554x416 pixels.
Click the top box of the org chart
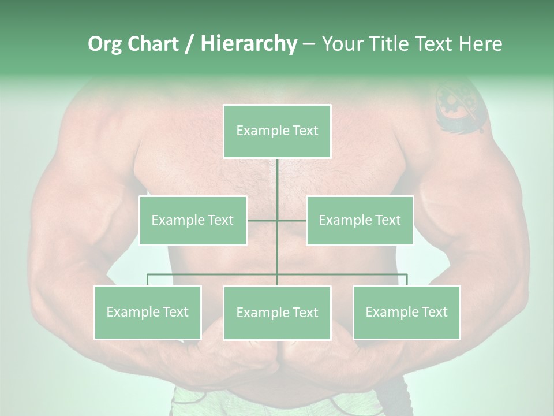click(277, 131)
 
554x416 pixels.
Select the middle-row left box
click(193, 220)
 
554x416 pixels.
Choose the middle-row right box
click(360, 220)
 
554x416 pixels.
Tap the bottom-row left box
click(148, 312)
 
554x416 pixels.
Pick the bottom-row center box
click(277, 313)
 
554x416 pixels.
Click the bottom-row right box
click(406, 312)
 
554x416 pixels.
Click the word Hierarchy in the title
click(249, 44)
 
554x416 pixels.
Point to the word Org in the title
click(104, 44)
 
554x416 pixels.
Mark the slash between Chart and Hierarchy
click(189, 44)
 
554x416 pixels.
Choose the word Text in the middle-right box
click(387, 220)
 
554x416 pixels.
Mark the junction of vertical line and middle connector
click(277, 220)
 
